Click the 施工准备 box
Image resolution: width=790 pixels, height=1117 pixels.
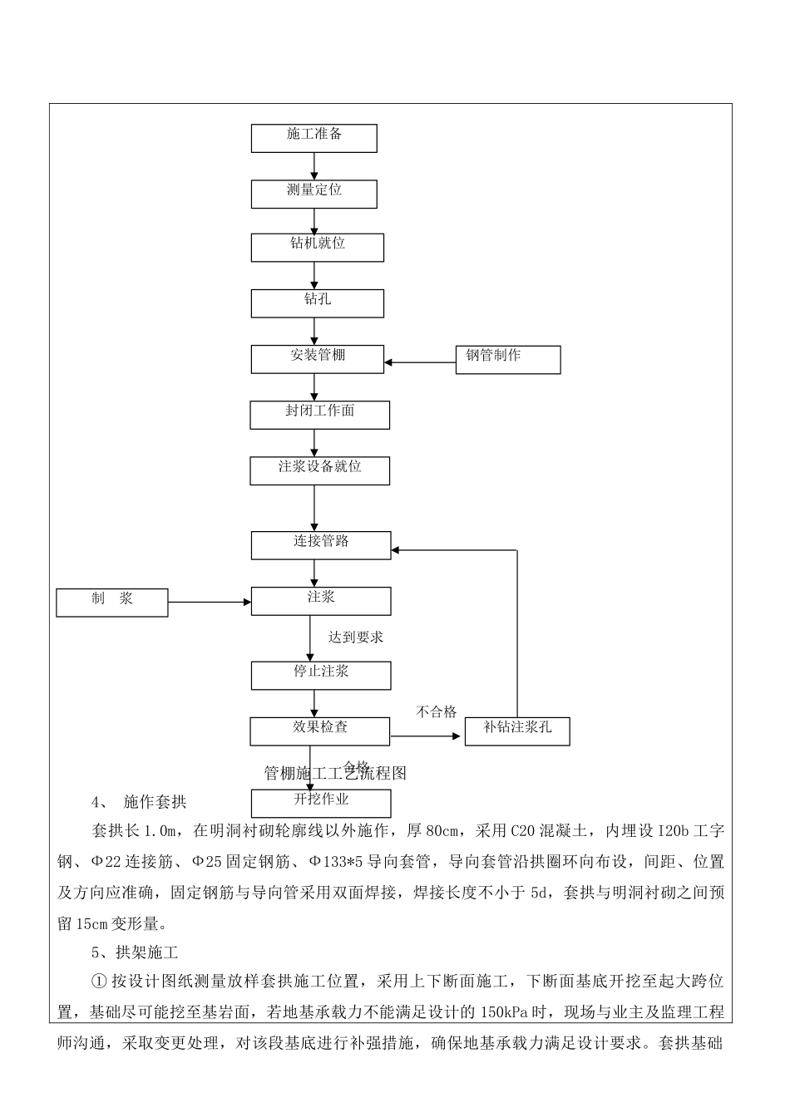pyautogui.click(x=314, y=139)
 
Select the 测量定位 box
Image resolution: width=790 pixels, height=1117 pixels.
pyautogui.click(x=314, y=194)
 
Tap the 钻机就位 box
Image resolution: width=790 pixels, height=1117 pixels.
pyautogui.click(x=317, y=248)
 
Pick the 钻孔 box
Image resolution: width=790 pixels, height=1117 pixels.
pyautogui.click(x=317, y=303)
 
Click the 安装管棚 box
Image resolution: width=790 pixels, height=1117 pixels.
pyautogui.click(x=317, y=359)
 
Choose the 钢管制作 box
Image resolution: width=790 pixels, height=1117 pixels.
pyautogui.click(x=507, y=360)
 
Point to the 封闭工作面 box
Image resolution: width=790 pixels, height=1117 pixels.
pyautogui.click(x=319, y=415)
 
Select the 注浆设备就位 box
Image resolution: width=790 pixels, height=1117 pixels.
pyautogui.click(x=319, y=470)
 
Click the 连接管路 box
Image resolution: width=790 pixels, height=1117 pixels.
pyautogui.click(x=321, y=545)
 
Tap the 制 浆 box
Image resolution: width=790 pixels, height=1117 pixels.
pyautogui.click(x=111, y=603)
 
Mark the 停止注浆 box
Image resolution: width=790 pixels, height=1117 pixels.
pyautogui.click(x=321, y=675)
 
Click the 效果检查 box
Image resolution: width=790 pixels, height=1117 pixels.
pyautogui.click(x=319, y=731)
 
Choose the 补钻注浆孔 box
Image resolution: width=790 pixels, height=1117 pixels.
pyautogui.click(x=516, y=731)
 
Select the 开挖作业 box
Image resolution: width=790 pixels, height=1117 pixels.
pyautogui.click(x=321, y=803)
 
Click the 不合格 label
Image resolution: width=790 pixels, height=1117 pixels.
pyautogui.click(x=437, y=711)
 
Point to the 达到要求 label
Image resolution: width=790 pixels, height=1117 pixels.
pyautogui.click(x=355, y=637)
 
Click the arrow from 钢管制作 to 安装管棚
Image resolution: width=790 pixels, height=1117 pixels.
pyautogui.click(x=420, y=362)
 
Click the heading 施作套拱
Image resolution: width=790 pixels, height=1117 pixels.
pyautogui.click(x=155, y=802)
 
